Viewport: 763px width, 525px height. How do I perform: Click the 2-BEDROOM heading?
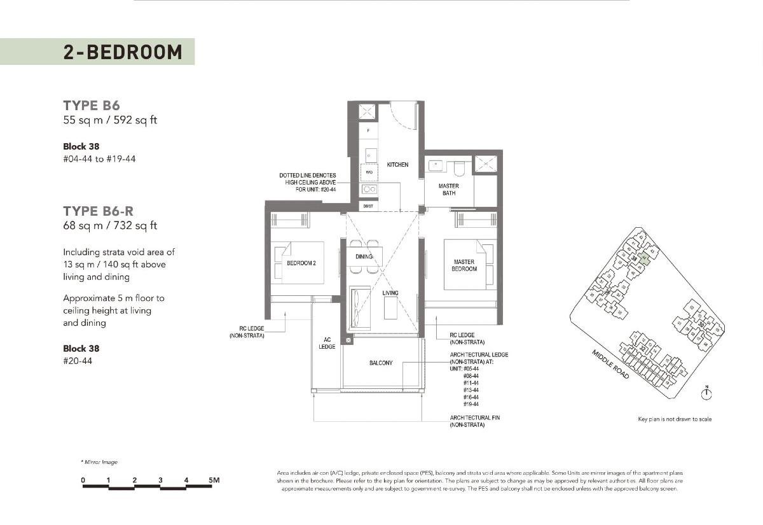122,52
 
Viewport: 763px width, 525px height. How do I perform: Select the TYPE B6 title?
92,106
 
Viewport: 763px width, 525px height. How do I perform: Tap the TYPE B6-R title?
98,211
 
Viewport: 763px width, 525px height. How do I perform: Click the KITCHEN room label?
397,165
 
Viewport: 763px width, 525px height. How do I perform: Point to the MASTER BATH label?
449,190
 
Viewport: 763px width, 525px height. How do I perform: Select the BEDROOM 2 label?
301,263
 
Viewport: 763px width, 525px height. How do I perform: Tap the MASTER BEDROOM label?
464,265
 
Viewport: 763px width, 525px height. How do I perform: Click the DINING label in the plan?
364,256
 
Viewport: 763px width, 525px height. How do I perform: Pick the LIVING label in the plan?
390,293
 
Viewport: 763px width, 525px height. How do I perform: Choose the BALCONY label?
381,363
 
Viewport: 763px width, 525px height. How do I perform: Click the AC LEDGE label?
326,344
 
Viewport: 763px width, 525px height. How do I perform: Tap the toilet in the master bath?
458,167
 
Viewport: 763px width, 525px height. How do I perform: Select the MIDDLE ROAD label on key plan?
610,365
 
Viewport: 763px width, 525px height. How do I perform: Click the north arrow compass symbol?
706,394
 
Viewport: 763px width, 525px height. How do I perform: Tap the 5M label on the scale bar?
213,480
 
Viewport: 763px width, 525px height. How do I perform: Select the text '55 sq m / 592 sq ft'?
110,120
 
